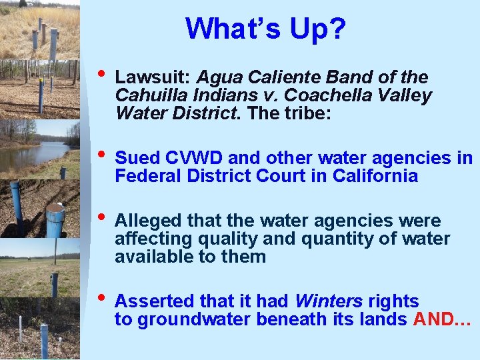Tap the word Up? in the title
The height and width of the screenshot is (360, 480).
[319, 29]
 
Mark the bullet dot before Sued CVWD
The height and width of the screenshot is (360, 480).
[101, 155]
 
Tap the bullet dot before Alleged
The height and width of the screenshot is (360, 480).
[101, 218]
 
